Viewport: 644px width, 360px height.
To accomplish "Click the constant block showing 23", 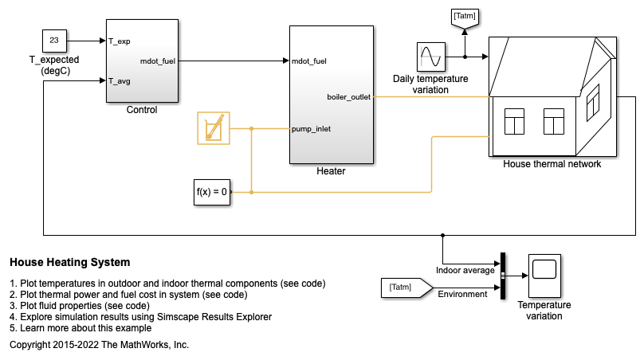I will (x=55, y=40).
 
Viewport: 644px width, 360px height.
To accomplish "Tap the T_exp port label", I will (x=120, y=40).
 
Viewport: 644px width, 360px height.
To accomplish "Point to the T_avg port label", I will (x=120, y=80).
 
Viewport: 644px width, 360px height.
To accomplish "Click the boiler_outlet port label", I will (x=348, y=97).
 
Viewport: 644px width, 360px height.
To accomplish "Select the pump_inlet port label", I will (x=311, y=128).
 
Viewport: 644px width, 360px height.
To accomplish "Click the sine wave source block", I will (x=430, y=57).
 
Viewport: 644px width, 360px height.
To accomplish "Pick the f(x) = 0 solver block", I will (x=213, y=192).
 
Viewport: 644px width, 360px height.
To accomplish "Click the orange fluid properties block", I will (x=213, y=128).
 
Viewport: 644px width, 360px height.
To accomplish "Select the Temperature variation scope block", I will (x=544, y=276).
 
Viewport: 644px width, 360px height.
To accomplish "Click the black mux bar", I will (x=503, y=276).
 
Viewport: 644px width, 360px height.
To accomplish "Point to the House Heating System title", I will (x=69, y=262).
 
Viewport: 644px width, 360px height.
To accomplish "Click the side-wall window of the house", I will (x=592, y=99).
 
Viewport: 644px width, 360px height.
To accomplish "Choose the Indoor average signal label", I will (x=465, y=270).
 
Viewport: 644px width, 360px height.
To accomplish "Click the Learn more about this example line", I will (x=80, y=328).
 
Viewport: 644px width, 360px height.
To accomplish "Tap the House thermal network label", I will (x=552, y=164).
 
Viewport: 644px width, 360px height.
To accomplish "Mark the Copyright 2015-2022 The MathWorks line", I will (x=99, y=345).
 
